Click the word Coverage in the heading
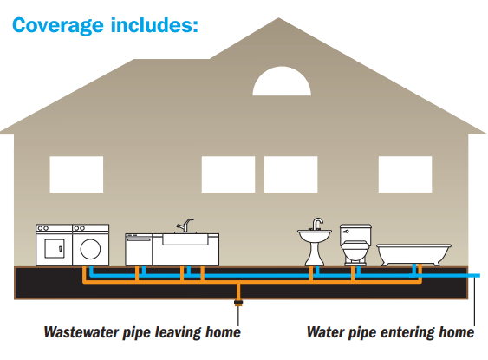(58, 25)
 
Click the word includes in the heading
(154, 24)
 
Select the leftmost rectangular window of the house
(76, 174)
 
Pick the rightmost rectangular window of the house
(405, 174)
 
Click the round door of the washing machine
(90, 249)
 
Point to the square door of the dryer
(55, 248)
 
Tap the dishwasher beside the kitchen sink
(139, 250)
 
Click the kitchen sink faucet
(185, 226)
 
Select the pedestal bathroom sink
(315, 242)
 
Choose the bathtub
(413, 255)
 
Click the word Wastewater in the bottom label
(81, 332)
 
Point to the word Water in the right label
(326, 332)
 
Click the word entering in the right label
(407, 333)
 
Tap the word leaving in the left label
(179, 333)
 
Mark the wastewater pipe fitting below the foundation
(238, 303)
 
